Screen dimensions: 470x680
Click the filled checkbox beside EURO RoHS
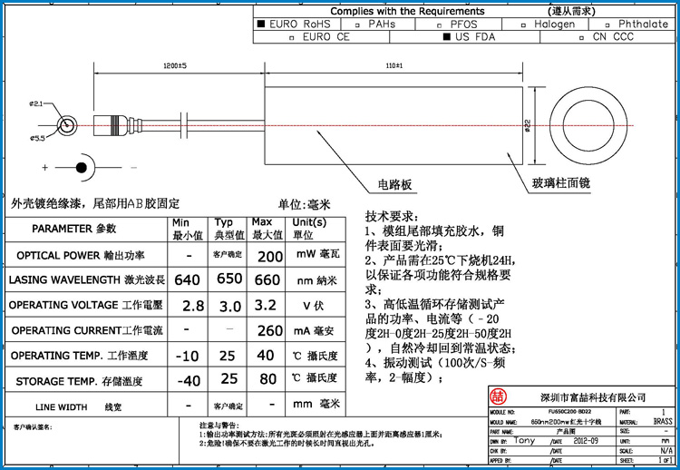tap(262, 24)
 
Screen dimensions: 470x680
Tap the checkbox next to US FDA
tap(446, 38)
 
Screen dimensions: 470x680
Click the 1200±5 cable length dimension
tap(174, 67)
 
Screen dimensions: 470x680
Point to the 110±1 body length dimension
tap(393, 67)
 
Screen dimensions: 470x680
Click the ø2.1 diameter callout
tap(36, 104)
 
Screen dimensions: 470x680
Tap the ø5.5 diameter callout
tap(37, 138)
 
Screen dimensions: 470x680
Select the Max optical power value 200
tap(270, 257)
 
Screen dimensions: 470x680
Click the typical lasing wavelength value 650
tap(229, 280)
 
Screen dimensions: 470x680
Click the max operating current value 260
tap(270, 330)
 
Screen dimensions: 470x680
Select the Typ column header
tap(223, 222)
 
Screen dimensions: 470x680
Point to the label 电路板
tap(395, 184)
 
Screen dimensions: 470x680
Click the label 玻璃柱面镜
tap(561, 183)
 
